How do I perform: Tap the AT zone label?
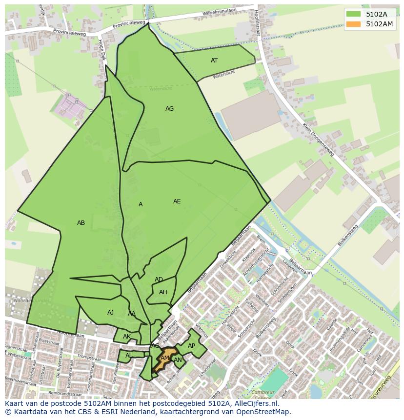pos(214,60)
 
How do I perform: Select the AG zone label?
pos(169,109)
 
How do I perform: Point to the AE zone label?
pos(177,201)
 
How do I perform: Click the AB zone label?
pos(81,223)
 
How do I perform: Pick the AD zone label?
pos(159,280)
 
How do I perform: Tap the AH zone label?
pos(163,292)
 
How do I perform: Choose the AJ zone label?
pos(110,313)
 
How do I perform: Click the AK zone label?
pos(127,337)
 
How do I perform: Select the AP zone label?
pos(191,346)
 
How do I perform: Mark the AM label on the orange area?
pos(165,358)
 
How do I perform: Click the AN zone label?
pos(178,360)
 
